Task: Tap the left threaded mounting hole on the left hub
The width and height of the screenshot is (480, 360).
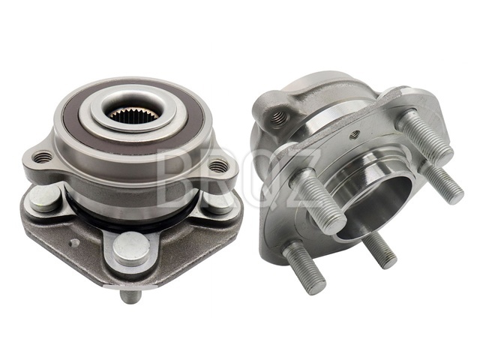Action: point(43,157)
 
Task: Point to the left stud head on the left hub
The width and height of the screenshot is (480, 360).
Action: point(45,198)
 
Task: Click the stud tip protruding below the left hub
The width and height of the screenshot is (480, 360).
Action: point(130,296)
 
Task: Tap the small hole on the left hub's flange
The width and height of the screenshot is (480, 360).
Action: point(74,243)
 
